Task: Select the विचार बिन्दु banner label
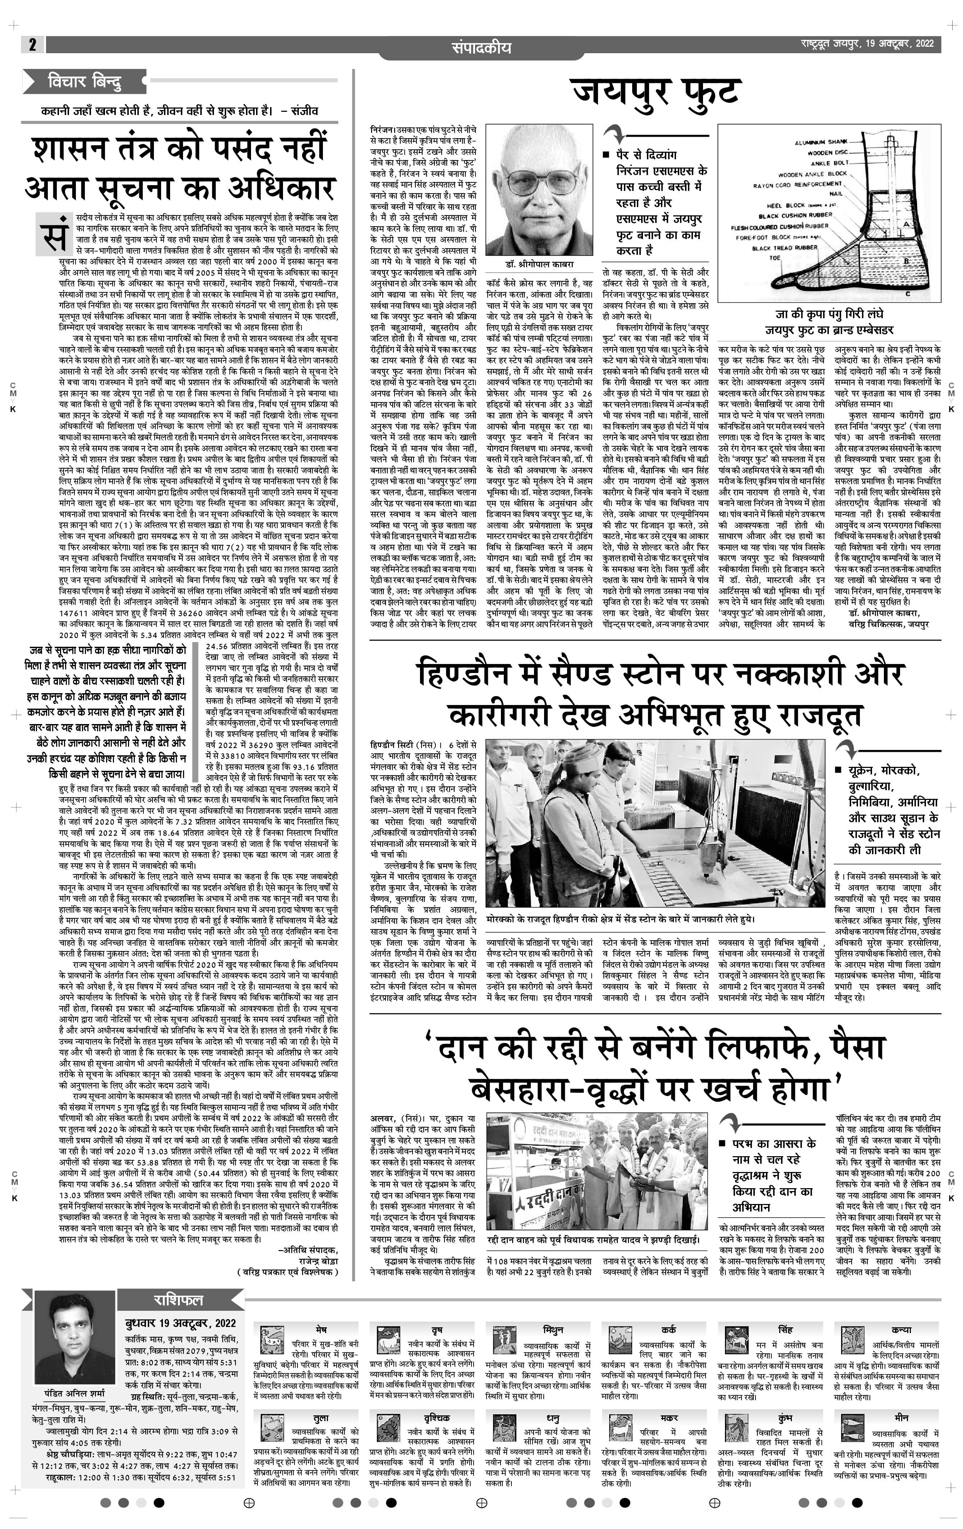point(85,82)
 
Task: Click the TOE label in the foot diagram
point(775,258)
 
